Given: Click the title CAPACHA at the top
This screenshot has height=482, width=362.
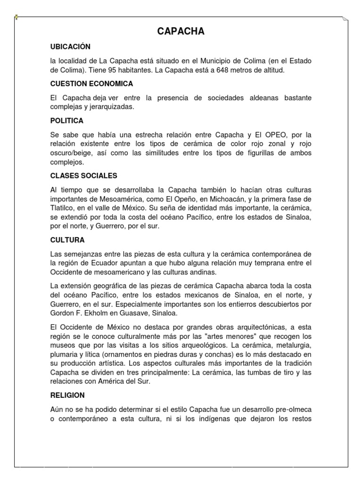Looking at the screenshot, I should pos(181,32).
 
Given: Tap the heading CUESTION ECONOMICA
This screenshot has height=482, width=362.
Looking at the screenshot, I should pos(91,84).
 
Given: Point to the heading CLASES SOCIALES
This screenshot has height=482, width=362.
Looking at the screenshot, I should pos(83,176).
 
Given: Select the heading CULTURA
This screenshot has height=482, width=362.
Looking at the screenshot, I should pos(67,240).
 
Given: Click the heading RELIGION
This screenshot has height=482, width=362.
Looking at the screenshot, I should pos(67,396).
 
